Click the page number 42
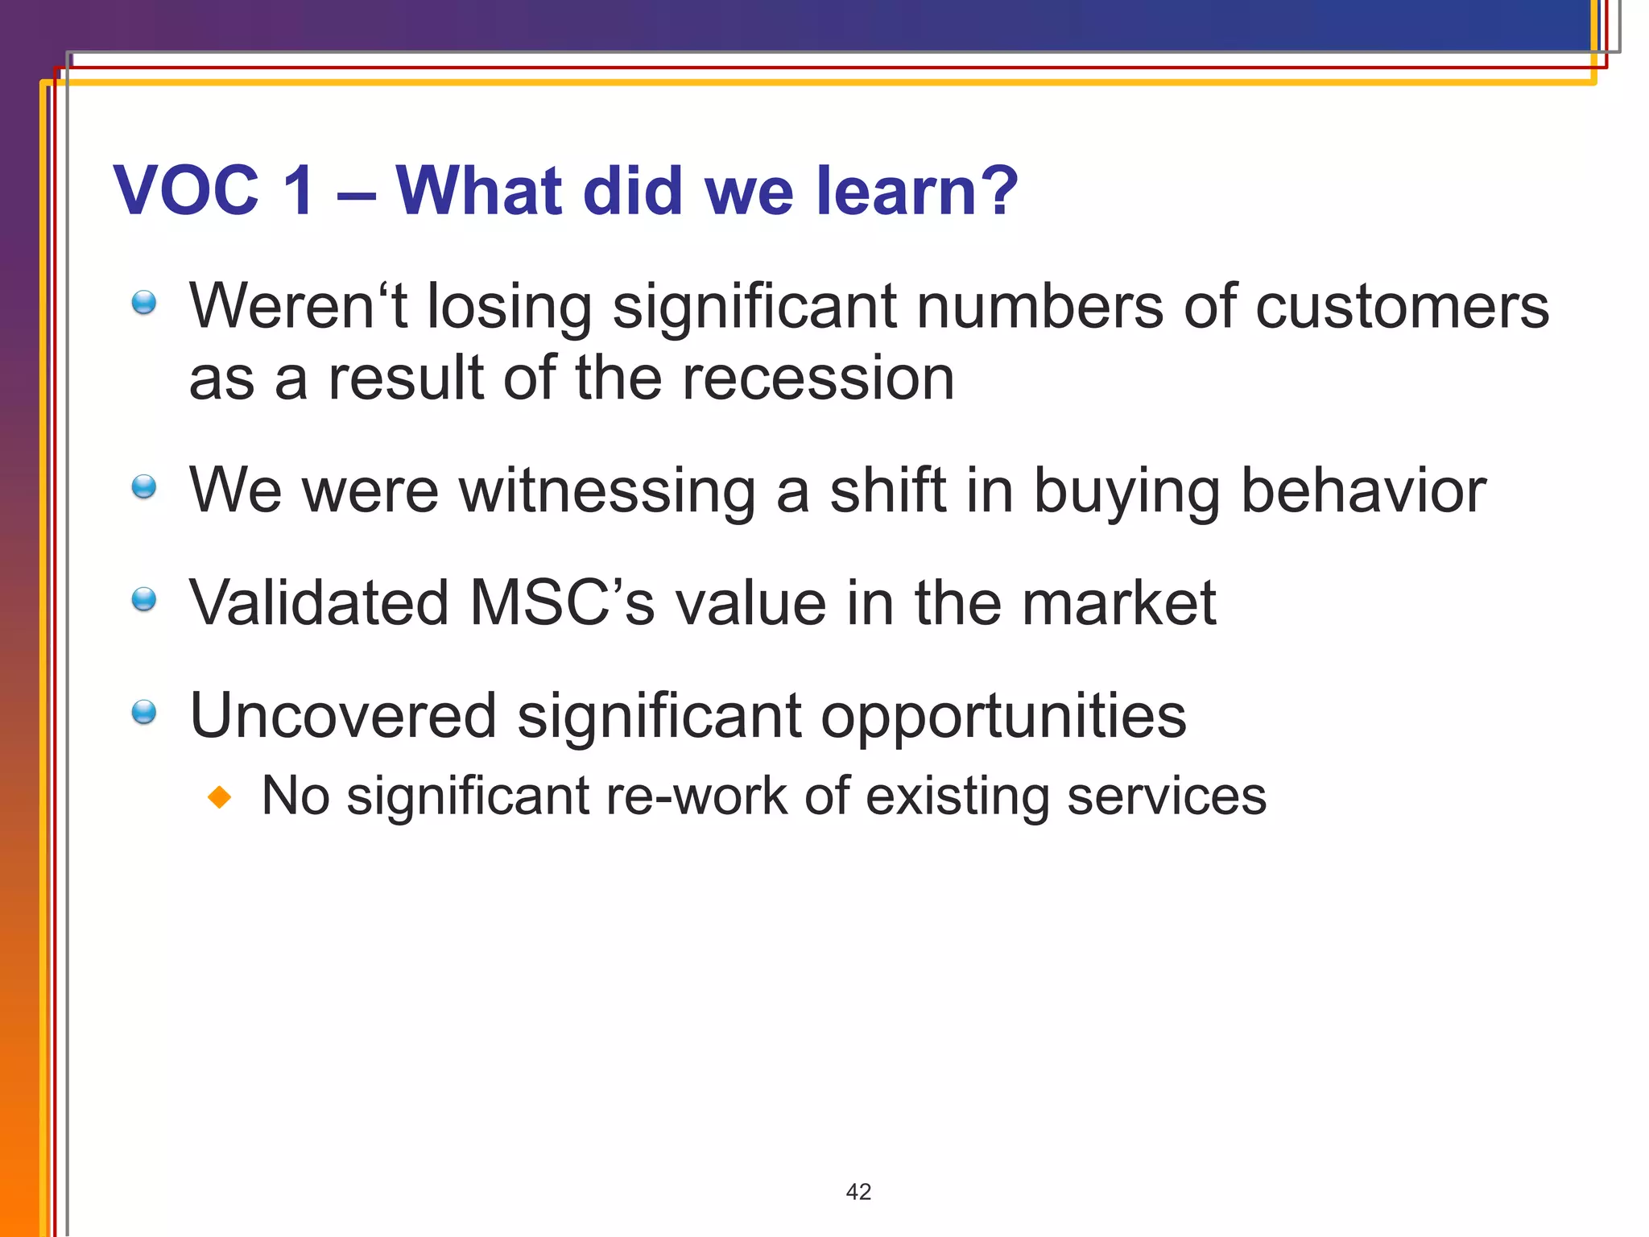[858, 1192]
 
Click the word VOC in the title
[186, 191]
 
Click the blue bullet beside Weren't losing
[144, 303]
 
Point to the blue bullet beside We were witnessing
[144, 486]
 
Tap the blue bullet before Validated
[144, 599]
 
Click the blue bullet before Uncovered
[144, 712]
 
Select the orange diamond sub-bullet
[219, 798]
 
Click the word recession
[817, 379]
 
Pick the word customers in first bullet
[1401, 307]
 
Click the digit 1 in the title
[299, 191]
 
